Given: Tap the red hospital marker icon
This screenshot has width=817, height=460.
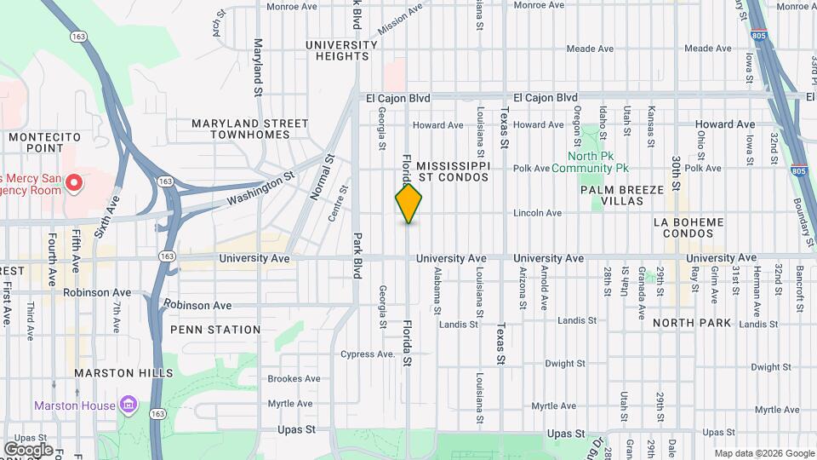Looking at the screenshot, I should (x=74, y=182).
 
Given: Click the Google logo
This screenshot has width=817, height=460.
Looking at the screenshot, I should (x=28, y=449).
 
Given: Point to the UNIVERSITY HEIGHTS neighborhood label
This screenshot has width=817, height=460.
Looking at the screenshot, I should (x=341, y=50).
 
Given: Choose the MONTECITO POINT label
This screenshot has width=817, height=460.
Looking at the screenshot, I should (x=43, y=142).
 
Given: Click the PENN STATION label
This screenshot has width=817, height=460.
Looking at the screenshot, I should (x=215, y=330).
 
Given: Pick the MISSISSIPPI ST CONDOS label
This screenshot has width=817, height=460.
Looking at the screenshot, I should (x=453, y=170).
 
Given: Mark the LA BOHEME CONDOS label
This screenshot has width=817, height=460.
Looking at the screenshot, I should (x=688, y=227).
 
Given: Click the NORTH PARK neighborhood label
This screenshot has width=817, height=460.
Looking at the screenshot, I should (x=692, y=324).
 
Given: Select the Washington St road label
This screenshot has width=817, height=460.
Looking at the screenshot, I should (x=260, y=189).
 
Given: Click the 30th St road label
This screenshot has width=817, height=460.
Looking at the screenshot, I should (x=675, y=173).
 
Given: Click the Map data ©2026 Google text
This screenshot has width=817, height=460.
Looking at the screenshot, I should (x=763, y=452).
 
